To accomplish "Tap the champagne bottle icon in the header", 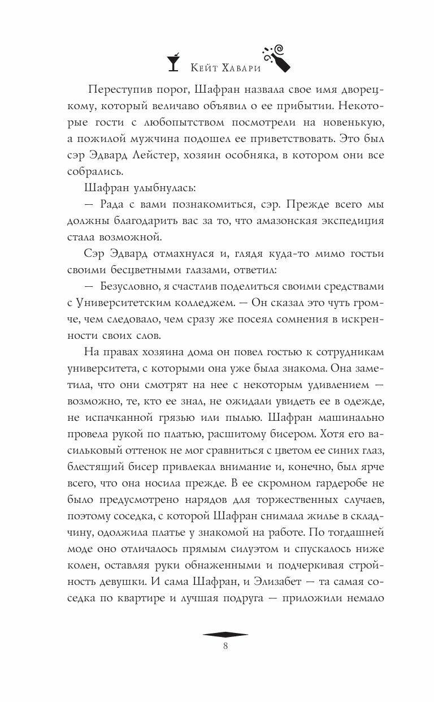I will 276,57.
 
